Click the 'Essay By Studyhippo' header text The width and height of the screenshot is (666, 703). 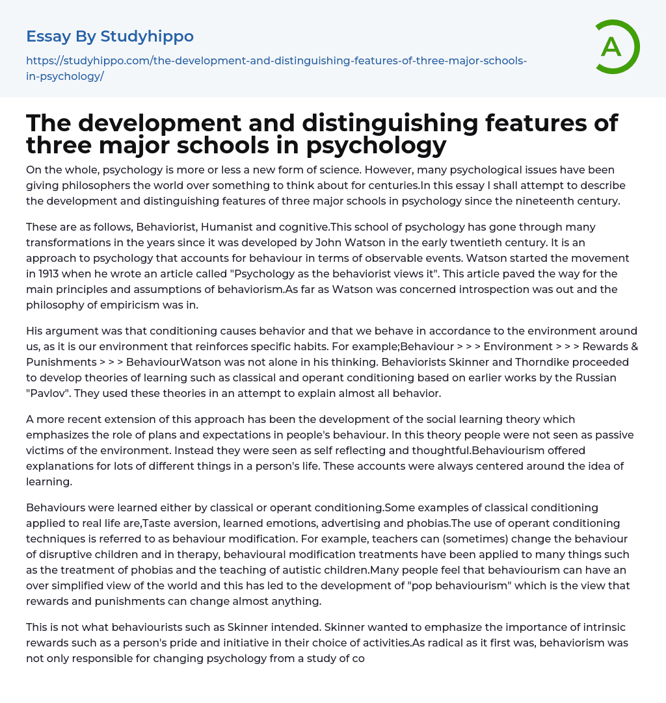coord(110,36)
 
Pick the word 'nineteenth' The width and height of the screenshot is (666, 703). coord(505,201)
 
